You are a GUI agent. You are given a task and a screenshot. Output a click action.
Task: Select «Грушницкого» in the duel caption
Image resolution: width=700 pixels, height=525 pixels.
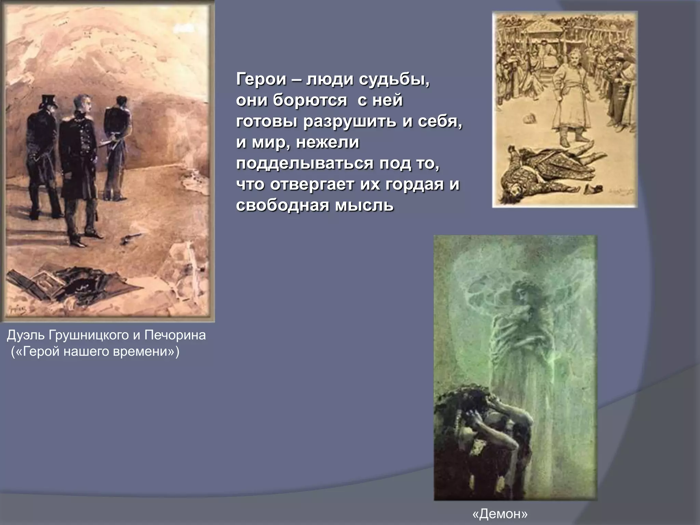pos(89,335)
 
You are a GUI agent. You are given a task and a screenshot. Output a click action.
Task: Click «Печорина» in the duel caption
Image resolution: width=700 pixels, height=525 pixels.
pos(175,335)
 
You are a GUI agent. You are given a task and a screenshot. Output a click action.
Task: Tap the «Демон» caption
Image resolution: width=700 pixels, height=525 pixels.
pos(500,514)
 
